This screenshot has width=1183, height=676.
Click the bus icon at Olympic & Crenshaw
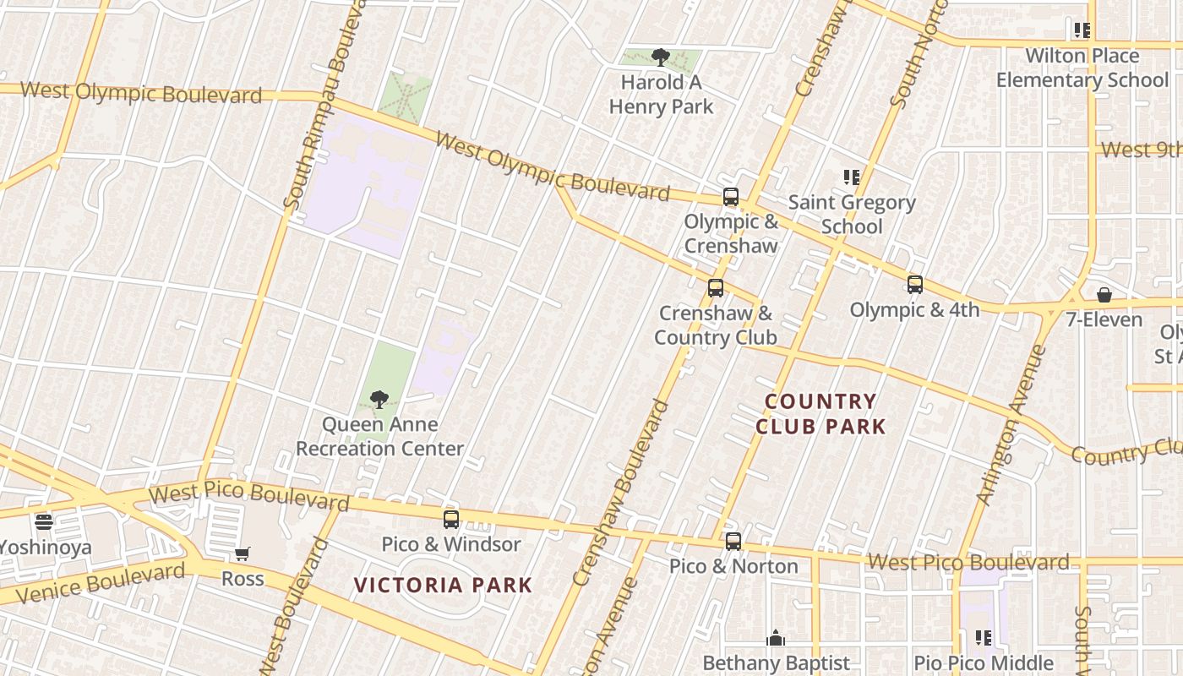pos(731,197)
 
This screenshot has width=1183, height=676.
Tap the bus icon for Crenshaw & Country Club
pos(716,288)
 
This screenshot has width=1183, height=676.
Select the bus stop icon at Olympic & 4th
pos(914,285)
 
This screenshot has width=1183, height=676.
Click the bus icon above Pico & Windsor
pos(451,519)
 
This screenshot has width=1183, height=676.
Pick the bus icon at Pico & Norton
pos(733,542)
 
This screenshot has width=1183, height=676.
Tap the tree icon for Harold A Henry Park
pos(661,57)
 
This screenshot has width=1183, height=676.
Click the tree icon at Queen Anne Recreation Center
pos(379,399)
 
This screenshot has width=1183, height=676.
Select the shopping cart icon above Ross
pos(243,554)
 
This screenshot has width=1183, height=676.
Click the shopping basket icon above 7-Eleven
pos(1104,295)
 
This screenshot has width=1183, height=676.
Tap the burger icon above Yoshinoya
pos(44,522)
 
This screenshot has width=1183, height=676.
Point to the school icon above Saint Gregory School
pos(852,177)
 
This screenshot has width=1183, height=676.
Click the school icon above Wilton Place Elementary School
pos(1082,30)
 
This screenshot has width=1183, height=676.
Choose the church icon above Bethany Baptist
pos(776,638)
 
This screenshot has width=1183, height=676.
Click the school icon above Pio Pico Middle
pos(984,638)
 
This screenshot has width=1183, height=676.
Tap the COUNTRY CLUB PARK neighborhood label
pos(820,414)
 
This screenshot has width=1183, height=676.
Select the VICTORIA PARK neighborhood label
pos(443,585)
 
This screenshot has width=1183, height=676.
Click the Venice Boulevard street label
pos(100,583)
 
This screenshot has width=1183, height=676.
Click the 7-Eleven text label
pos(1104,320)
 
